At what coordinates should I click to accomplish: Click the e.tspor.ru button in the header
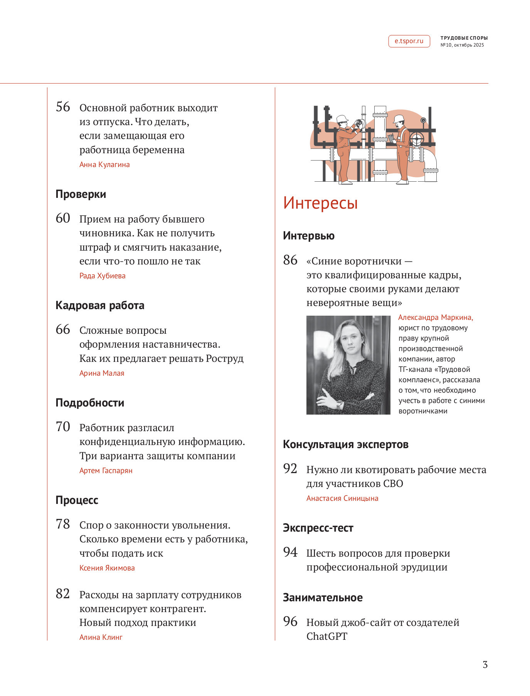tap(409, 41)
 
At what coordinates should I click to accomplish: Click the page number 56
tap(63, 107)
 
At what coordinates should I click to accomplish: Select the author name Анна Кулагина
tap(104, 165)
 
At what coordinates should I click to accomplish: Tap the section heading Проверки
tap(81, 194)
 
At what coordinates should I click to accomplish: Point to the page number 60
tap(63, 218)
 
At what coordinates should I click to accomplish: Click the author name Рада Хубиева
tap(102, 276)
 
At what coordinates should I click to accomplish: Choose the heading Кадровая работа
tap(100, 305)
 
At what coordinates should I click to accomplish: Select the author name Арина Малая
tap(102, 373)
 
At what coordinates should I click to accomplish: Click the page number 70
tap(63, 427)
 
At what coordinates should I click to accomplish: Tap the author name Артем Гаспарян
tap(106, 471)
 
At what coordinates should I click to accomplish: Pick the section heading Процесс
tap(77, 500)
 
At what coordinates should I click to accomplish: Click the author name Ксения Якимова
tap(107, 568)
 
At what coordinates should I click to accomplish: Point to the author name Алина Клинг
tap(101, 637)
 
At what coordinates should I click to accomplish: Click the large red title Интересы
tap(320, 203)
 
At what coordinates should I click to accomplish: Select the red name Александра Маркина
tap(435, 318)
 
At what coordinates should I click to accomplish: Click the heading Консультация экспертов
tap(345, 444)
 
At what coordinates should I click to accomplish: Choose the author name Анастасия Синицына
tap(342, 499)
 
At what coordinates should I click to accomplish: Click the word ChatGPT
tap(327, 637)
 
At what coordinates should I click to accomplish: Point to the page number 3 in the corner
tap(485, 665)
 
